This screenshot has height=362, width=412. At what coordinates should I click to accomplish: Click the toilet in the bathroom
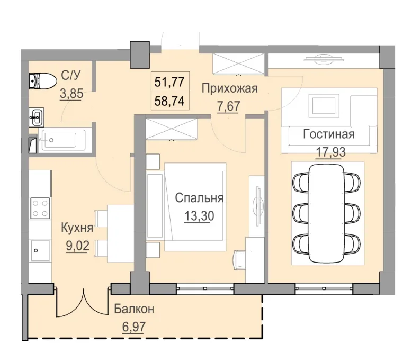42,81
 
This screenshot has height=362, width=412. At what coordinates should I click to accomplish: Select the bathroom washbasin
37,116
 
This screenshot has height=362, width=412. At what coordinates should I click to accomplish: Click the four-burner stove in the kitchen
40,207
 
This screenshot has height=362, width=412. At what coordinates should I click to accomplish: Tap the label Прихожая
229,88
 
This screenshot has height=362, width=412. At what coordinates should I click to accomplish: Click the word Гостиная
328,134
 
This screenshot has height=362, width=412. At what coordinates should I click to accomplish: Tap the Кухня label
77,228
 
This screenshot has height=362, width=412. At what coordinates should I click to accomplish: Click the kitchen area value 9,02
77,246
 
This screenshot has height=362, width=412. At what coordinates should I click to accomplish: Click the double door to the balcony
82,305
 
